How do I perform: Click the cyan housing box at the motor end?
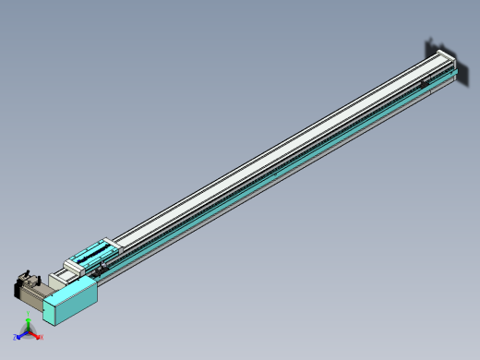71,303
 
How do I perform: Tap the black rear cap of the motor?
18,289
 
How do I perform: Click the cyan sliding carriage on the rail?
91,254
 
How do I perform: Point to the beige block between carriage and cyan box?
66,274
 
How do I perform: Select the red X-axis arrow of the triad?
36,335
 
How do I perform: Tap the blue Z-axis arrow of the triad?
22,336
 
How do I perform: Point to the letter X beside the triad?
42,337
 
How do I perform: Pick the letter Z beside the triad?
17,338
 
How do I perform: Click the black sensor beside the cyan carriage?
105,265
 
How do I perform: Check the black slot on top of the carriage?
93,250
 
